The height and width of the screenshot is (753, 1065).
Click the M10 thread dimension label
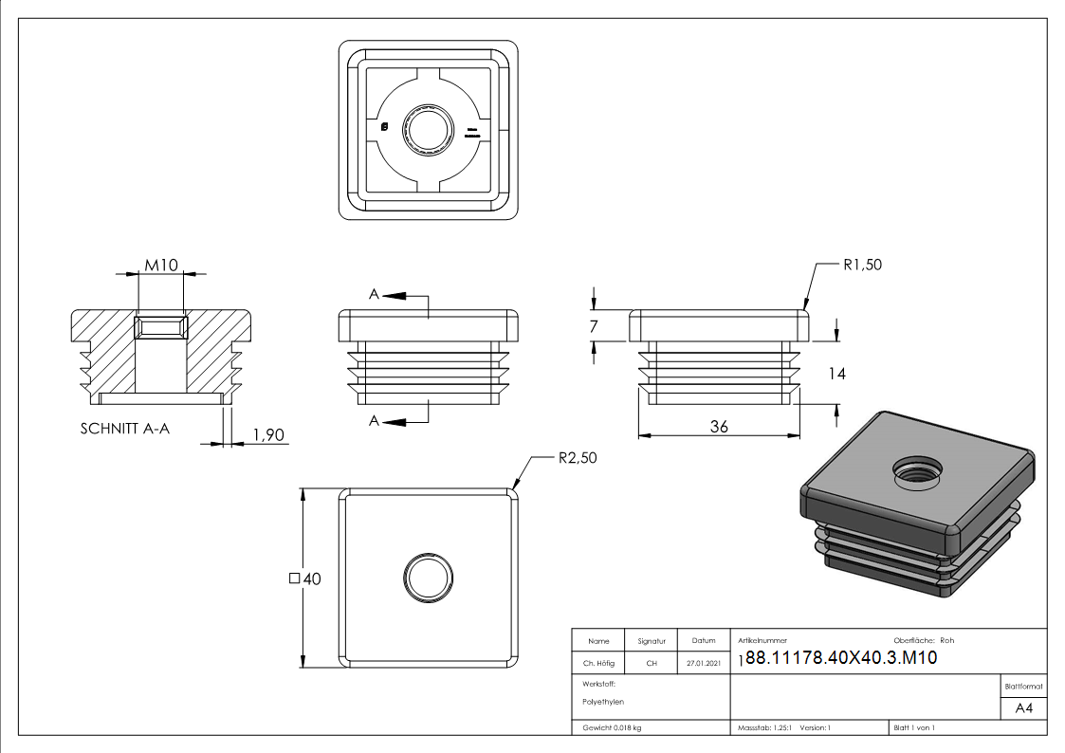pyautogui.click(x=161, y=265)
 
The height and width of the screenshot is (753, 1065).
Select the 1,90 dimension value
pyautogui.click(x=268, y=435)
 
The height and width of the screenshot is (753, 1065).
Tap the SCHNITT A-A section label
pyautogui.click(x=125, y=428)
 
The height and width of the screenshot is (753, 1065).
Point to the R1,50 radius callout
pyautogui.click(x=861, y=265)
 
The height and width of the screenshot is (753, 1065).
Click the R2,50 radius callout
pyautogui.click(x=577, y=458)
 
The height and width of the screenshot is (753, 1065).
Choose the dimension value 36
pyautogui.click(x=719, y=427)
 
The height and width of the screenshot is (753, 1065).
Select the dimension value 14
pyautogui.click(x=835, y=374)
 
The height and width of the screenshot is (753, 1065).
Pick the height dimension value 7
pyautogui.click(x=594, y=326)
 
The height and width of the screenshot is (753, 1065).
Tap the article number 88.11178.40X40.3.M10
pyautogui.click(x=841, y=658)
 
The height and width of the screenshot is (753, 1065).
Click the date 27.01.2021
pyautogui.click(x=703, y=663)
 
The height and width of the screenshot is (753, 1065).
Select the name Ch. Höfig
pyautogui.click(x=597, y=663)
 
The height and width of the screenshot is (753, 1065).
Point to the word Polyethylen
pyautogui.click(x=603, y=702)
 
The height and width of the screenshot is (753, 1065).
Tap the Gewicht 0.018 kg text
pyautogui.click(x=612, y=727)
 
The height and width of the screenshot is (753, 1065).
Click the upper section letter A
pyautogui.click(x=375, y=296)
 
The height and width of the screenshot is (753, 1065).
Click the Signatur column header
pyautogui.click(x=652, y=640)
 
